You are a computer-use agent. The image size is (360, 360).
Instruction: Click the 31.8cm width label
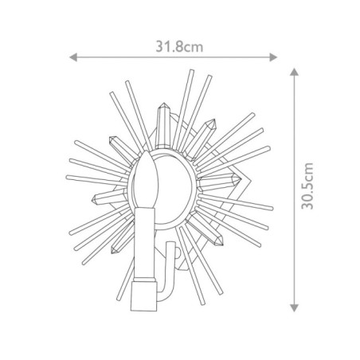pos(174,46)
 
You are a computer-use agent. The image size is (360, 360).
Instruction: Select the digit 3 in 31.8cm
pos(158,46)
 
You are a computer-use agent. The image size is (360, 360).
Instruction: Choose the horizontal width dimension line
pos(174,57)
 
